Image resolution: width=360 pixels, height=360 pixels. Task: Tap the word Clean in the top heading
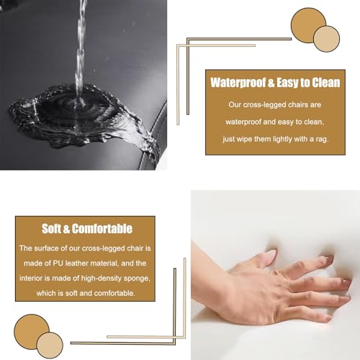325,83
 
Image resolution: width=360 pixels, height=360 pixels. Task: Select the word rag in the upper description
323,140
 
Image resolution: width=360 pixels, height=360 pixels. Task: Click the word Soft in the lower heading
51,228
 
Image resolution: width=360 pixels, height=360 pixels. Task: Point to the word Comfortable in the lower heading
102,228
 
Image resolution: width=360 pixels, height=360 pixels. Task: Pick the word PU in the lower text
58,264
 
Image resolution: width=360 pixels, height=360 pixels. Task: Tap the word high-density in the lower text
102,279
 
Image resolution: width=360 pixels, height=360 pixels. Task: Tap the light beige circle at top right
327,39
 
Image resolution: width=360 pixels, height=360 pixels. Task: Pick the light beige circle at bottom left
50,346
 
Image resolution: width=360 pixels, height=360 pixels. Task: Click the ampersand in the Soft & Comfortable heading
66,229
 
